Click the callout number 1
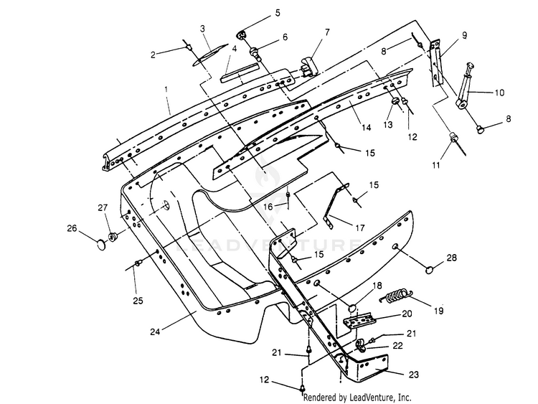pos(166,89)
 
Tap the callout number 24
pos(155,332)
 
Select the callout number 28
pos(451,257)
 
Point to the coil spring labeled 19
pos(395,296)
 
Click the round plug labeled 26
pos(101,245)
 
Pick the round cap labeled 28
pos(430,270)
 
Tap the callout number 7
pos(327,32)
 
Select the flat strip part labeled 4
pos(239,72)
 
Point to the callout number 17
pos(359,227)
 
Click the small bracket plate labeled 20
pos(359,321)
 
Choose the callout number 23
pos(414,374)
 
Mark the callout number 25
pos(138,301)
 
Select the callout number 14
pos(367,127)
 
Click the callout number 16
pos(268,207)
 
